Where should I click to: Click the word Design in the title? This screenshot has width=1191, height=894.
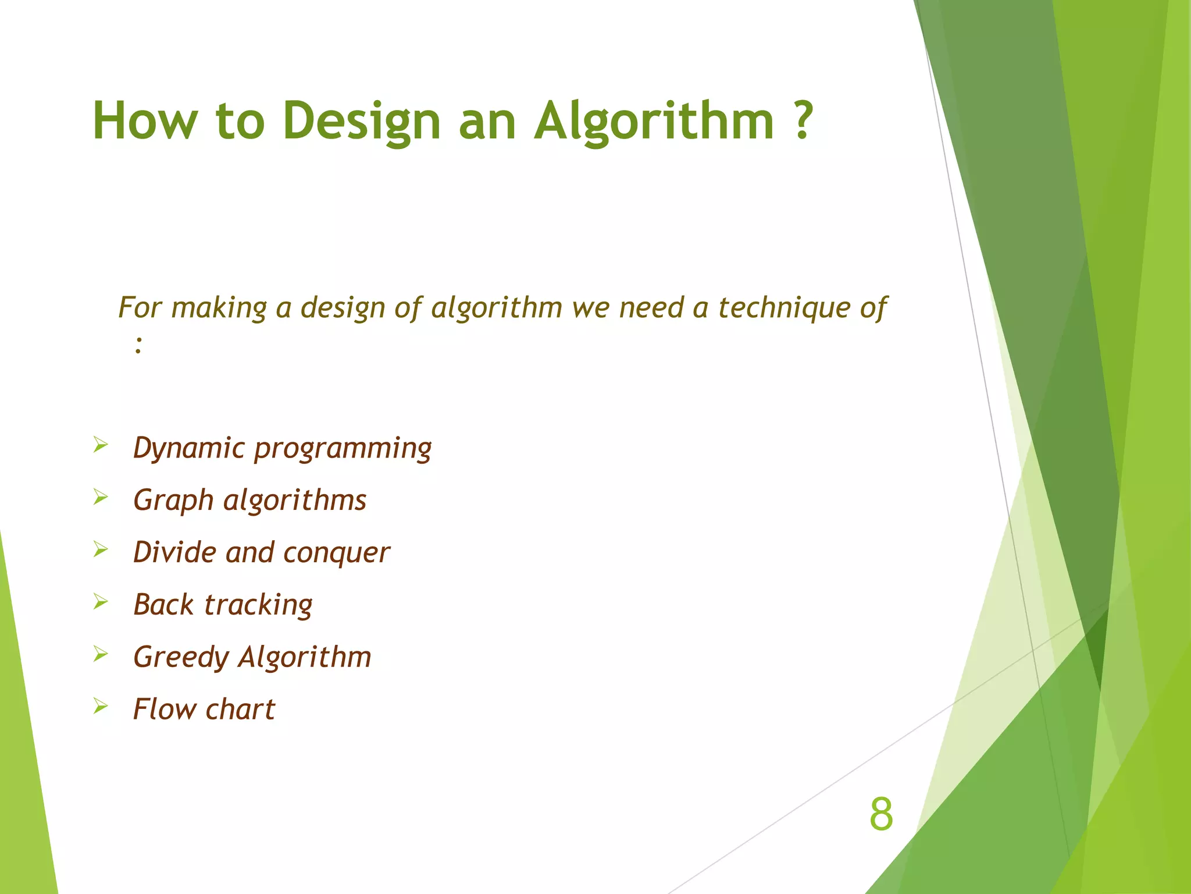[362, 121]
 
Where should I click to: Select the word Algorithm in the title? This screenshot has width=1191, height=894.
[654, 121]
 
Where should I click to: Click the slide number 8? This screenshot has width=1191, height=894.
[880, 815]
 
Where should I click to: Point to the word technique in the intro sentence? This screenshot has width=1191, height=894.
[781, 307]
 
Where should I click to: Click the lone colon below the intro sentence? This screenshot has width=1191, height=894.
[138, 345]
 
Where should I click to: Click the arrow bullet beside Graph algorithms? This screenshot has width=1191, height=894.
[101, 498]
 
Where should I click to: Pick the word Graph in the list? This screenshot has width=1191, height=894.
[173, 501]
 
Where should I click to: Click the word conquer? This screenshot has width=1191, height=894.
[337, 553]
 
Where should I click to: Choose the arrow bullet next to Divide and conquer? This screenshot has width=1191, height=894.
[101, 549]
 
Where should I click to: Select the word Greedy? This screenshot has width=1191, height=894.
[181, 658]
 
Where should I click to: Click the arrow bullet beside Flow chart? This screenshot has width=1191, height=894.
[101, 707]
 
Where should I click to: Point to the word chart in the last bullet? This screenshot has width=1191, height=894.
[240, 709]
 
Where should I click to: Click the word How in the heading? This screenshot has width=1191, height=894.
[145, 121]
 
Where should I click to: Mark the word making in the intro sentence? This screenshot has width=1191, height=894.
[219, 307]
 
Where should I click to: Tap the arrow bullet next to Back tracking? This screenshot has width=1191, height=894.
[101, 602]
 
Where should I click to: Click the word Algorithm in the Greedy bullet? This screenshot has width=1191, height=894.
[305, 658]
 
